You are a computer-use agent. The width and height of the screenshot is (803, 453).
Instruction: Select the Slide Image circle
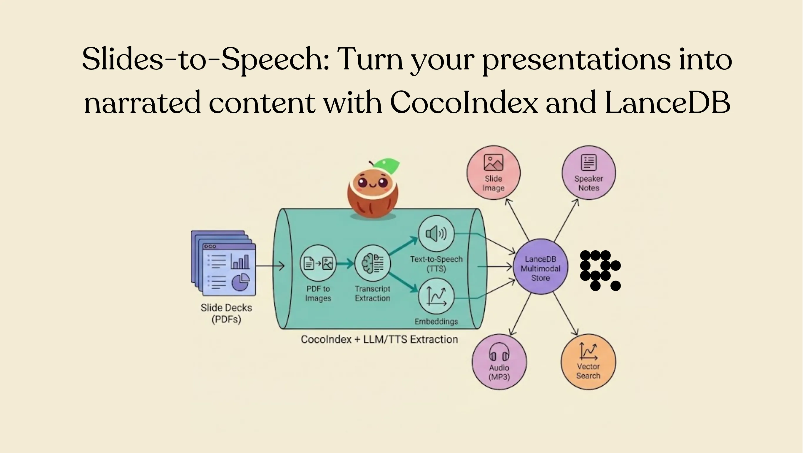tap(493, 173)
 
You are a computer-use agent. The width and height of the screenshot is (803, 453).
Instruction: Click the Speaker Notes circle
tap(588, 173)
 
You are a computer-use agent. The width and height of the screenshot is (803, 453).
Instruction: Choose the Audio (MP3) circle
tap(499, 362)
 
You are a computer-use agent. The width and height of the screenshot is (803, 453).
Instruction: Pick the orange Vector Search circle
tap(588, 362)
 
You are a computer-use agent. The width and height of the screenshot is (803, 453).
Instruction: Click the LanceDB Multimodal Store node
tap(540, 267)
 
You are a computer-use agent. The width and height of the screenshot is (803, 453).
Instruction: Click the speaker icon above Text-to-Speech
tap(436, 233)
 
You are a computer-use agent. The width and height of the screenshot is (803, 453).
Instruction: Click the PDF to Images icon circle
tap(318, 263)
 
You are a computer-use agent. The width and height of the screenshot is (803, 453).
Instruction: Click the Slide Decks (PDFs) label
tap(226, 313)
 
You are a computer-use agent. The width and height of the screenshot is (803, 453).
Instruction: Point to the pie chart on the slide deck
tap(241, 282)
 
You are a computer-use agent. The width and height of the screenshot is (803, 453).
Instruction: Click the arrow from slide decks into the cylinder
tap(270, 266)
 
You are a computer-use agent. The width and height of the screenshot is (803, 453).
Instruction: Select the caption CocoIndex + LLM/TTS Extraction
tap(379, 339)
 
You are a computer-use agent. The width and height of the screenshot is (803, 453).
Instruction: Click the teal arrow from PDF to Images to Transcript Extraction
tap(345, 264)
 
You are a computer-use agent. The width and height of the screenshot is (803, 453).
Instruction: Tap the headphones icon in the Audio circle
tap(499, 352)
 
